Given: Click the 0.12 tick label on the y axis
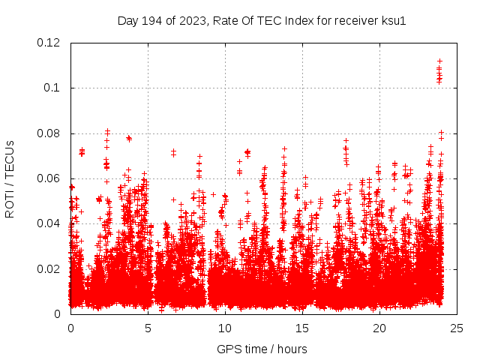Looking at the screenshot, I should [48, 43].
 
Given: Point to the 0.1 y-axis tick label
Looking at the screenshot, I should [51, 88].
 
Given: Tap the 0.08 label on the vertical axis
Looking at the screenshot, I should [48, 133].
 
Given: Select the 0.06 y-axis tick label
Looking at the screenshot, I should [48, 178].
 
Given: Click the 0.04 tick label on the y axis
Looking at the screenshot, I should [48, 223].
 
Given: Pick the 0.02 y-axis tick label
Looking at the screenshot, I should [48, 268].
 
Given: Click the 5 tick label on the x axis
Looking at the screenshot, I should [148, 328].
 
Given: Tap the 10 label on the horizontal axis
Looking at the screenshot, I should [225, 328].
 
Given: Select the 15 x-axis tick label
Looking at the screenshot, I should [302, 328].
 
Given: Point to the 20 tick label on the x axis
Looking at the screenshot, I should [379, 328].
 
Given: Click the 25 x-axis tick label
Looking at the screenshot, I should [457, 328].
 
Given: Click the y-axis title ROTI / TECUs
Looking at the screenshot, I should [10, 178].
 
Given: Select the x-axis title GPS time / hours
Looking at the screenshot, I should [262, 349].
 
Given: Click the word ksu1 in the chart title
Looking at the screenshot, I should [394, 20].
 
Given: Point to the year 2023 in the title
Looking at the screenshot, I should [193, 20].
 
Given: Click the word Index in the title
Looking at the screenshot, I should [299, 20].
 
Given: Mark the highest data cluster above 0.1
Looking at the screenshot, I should [439, 71].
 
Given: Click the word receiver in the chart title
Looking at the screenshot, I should [355, 20].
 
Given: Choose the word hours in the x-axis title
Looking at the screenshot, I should [292, 349].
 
